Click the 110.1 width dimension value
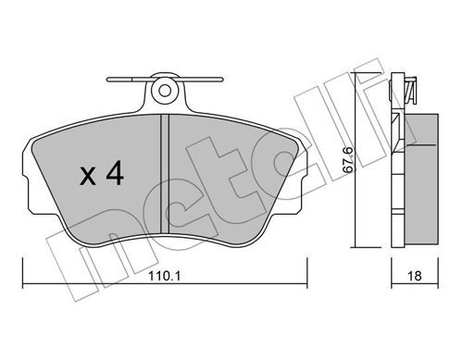(164, 276)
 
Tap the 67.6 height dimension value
(348, 159)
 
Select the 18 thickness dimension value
(414, 276)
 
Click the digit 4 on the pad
(115, 175)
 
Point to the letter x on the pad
(88, 178)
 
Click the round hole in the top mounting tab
(165, 91)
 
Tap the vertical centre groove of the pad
(165, 173)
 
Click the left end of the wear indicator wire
(107, 80)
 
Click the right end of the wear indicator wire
(220, 80)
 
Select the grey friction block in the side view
(421, 179)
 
